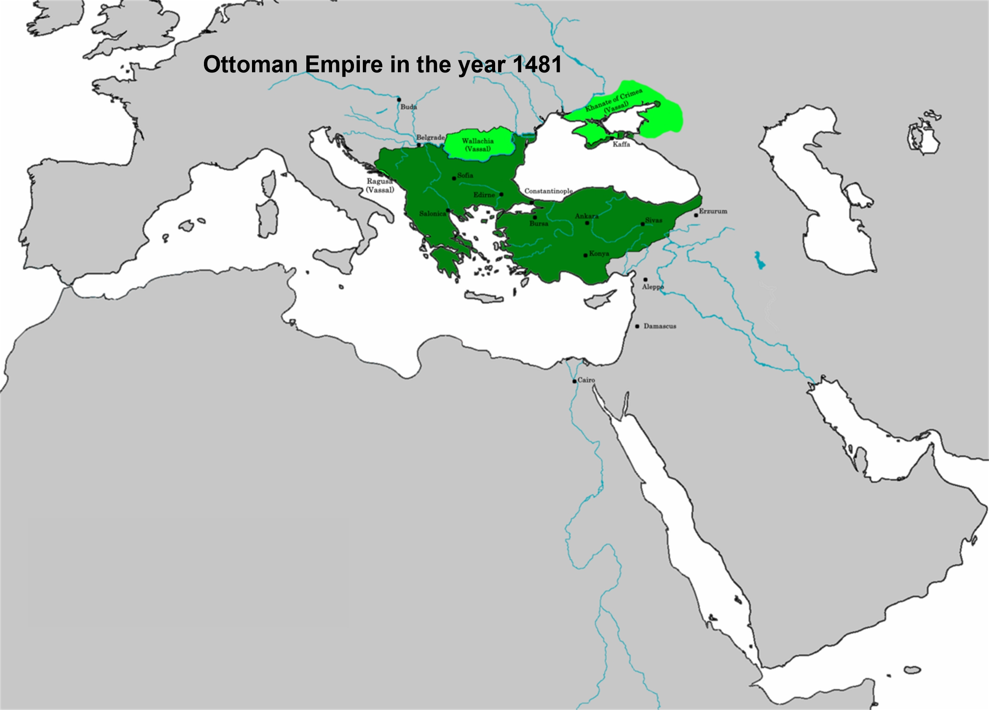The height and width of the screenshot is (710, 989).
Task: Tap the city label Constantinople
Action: pyautogui.click(x=548, y=191)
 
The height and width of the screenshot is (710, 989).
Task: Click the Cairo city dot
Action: pyautogui.click(x=574, y=381)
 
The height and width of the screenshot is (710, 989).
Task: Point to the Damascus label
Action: pyautogui.click(x=659, y=326)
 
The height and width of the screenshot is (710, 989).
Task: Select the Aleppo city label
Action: pyautogui.click(x=652, y=287)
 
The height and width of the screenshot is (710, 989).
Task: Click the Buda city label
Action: pyautogui.click(x=409, y=107)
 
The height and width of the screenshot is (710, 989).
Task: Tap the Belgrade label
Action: pyautogui.click(x=430, y=137)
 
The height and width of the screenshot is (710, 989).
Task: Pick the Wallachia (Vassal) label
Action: pyautogui.click(x=478, y=145)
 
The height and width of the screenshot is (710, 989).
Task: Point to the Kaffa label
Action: pyautogui.click(x=621, y=145)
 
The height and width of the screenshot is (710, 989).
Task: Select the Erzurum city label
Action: pyautogui.click(x=713, y=211)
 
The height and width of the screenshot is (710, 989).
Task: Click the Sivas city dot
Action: pyautogui.click(x=642, y=224)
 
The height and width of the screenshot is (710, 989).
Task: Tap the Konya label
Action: pyautogui.click(x=599, y=253)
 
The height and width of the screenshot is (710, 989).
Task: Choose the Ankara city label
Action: pyautogui.click(x=587, y=216)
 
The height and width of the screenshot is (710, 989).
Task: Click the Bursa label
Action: pyautogui.click(x=539, y=223)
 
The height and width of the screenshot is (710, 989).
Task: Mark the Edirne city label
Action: pyautogui.click(x=484, y=195)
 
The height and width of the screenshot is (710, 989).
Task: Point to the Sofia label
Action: pyautogui.click(x=465, y=175)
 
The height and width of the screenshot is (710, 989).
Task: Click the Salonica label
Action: pyautogui.click(x=432, y=214)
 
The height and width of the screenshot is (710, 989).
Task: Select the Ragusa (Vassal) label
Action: pyautogui.click(x=380, y=185)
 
